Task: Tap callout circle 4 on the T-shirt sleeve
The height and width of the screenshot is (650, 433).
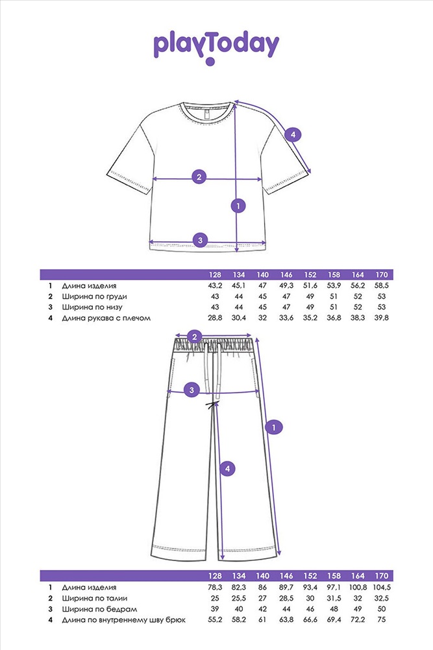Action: (293, 135)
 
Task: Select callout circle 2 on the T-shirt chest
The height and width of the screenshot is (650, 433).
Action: (199, 177)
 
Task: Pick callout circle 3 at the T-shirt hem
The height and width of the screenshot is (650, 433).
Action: (201, 240)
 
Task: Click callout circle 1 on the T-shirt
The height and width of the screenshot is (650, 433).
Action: (238, 205)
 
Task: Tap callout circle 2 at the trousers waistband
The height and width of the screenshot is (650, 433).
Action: (195, 337)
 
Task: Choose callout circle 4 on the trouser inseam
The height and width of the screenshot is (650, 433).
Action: (227, 469)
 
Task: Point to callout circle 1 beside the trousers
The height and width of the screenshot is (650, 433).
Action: (273, 427)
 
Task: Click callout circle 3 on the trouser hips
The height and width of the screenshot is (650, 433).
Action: (192, 389)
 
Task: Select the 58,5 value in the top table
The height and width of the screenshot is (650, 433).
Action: (381, 285)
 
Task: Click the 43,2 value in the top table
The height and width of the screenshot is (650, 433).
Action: (215, 285)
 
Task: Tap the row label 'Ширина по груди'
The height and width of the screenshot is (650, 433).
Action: (94, 297)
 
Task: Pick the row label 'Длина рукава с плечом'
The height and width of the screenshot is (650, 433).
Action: (106, 318)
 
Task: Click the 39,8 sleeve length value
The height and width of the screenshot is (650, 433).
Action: (381, 318)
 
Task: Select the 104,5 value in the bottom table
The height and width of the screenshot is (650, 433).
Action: (381, 588)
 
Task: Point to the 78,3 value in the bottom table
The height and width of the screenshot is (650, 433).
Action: (215, 588)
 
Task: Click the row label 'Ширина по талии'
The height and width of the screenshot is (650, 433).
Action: (95, 598)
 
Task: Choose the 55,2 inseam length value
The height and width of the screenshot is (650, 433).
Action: (215, 619)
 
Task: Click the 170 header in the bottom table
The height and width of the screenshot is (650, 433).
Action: (381, 576)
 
